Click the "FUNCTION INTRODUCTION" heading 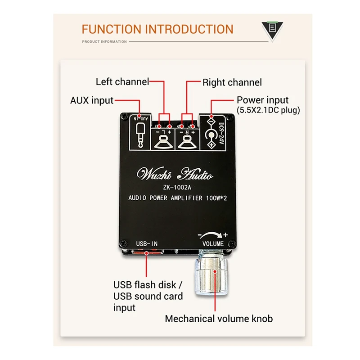157,30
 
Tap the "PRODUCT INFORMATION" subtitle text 104,42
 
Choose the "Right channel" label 232,82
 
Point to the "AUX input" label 91,100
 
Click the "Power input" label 263,100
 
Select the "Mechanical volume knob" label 219,319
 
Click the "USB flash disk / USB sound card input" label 148,296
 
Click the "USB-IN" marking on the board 147,243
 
